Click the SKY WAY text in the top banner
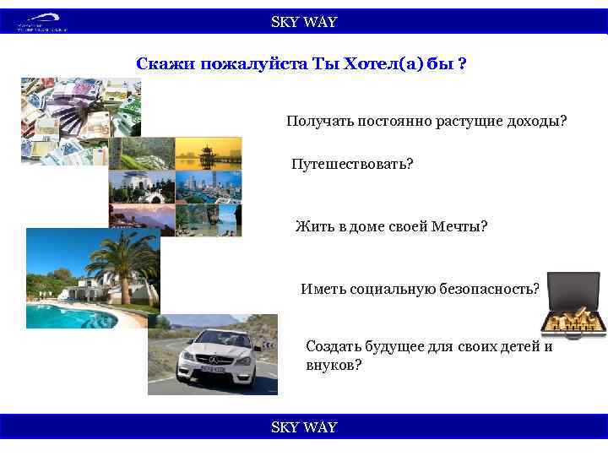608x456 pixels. pos(303,23)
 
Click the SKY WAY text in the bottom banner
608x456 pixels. pos(303,427)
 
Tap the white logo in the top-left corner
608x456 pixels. pos(42,24)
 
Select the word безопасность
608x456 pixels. pos(489,289)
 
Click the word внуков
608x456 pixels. pos(333,365)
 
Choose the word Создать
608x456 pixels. pos(334,346)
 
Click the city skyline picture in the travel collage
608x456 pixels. pos(208,187)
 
